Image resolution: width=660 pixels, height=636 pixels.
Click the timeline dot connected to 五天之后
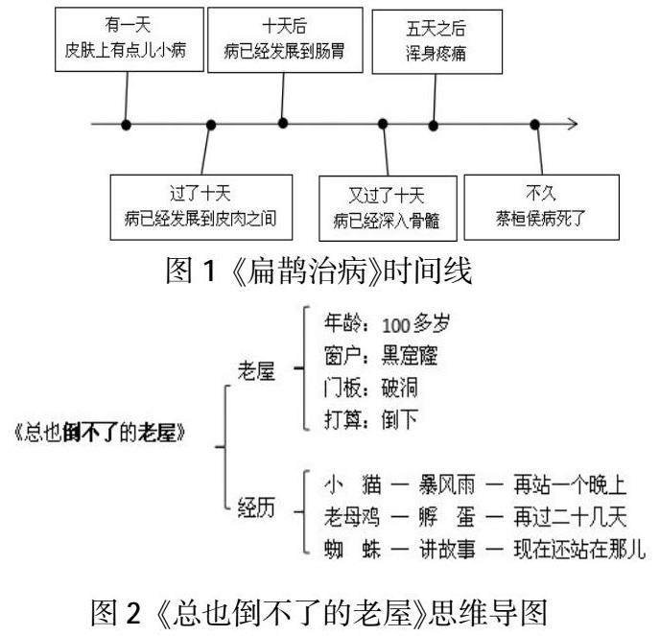[x=434, y=124]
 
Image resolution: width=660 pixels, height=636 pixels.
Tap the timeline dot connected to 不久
[x=536, y=124]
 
